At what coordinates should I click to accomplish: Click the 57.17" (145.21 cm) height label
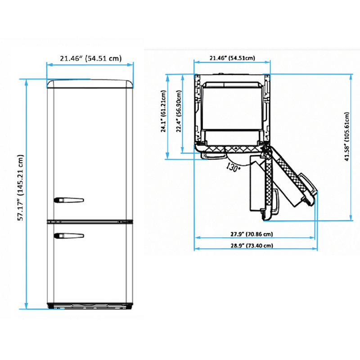click(21, 188)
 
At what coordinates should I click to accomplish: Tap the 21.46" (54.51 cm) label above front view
click(91, 58)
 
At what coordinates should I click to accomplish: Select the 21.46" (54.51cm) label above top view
click(232, 58)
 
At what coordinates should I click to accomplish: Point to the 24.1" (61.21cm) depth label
click(163, 111)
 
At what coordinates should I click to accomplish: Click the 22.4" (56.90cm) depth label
click(179, 111)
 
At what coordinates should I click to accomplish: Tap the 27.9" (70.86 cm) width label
click(252, 234)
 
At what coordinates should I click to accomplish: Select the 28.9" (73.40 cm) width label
click(252, 245)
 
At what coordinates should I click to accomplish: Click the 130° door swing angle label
click(233, 167)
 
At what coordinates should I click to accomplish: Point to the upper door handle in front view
click(69, 200)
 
